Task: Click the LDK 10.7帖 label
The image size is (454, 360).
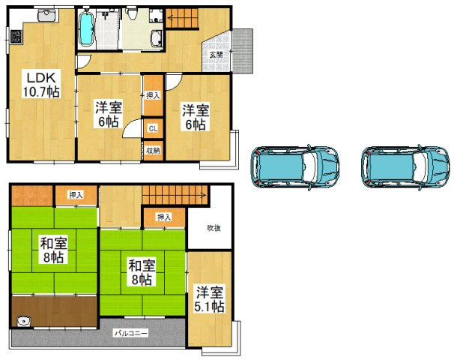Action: [41, 85]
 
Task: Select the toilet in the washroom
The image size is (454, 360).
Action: [132, 13]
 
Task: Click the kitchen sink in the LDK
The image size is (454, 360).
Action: [47, 15]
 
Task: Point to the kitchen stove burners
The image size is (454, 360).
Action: [16, 37]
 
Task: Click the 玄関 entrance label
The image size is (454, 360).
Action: [216, 54]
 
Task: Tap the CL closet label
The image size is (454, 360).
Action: [153, 128]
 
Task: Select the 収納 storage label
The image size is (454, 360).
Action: [153, 151]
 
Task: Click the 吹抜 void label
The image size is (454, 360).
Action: [214, 228]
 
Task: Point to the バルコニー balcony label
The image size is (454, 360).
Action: [131, 333]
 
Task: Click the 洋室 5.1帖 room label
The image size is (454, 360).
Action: [209, 299]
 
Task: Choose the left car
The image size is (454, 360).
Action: [294, 167]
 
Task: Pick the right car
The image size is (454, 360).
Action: [405, 167]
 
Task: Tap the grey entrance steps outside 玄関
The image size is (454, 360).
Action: [243, 51]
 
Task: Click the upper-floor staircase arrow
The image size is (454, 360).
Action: [175, 195]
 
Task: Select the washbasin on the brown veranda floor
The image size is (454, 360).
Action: [24, 322]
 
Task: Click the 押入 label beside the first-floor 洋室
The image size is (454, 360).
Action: [153, 95]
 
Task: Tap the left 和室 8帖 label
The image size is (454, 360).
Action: [53, 250]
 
